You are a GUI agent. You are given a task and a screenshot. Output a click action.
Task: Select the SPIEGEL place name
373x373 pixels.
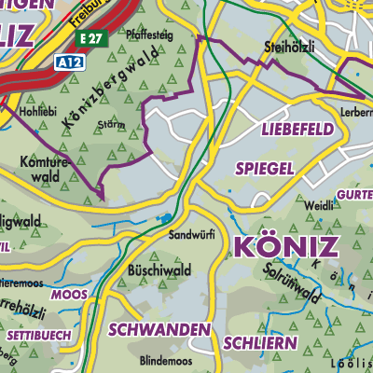coord(266,168)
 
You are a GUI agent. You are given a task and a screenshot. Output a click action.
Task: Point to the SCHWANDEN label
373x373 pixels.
coord(158,329)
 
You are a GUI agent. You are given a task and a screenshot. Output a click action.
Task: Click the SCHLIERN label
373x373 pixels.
coord(259,343)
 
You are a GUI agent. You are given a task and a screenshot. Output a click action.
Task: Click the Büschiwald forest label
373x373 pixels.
coord(158,270)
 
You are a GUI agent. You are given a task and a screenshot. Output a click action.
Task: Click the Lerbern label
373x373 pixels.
coord(356,111)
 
